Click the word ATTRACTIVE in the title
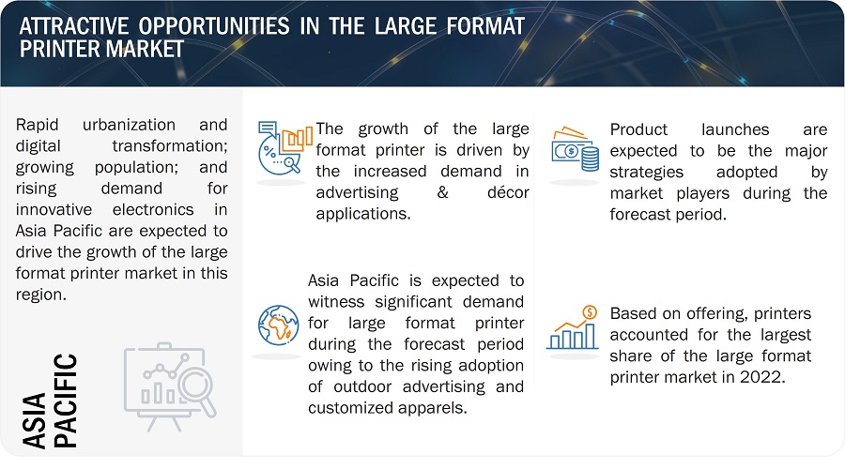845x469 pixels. click(x=74, y=26)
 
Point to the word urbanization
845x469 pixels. click(x=129, y=125)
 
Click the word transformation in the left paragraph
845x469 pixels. click(x=169, y=146)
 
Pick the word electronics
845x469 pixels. click(x=153, y=209)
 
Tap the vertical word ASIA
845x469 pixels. click(x=35, y=420)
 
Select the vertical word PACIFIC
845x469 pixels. click(x=66, y=401)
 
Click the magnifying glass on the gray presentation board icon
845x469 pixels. click(x=197, y=389)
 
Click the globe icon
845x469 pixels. click(x=278, y=325)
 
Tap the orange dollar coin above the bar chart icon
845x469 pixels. click(x=591, y=311)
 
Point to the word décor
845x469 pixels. click(x=508, y=192)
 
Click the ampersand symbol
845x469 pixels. click(x=443, y=192)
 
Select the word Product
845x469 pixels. click(x=638, y=129)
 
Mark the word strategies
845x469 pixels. click(x=647, y=173)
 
